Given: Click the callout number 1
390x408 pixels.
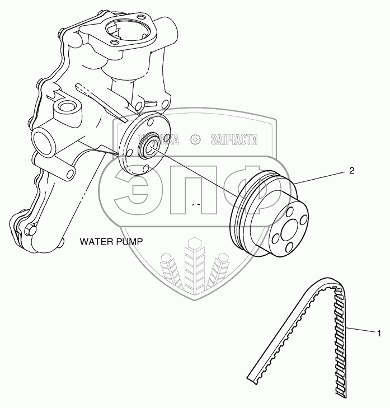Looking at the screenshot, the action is click(379, 334).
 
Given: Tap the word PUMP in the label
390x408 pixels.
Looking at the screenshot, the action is click(130, 242).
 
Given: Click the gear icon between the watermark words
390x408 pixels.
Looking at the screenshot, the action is click(195, 140).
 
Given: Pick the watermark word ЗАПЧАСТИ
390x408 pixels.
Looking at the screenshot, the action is click(234, 140).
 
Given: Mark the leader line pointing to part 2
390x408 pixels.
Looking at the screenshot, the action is click(322, 178).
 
